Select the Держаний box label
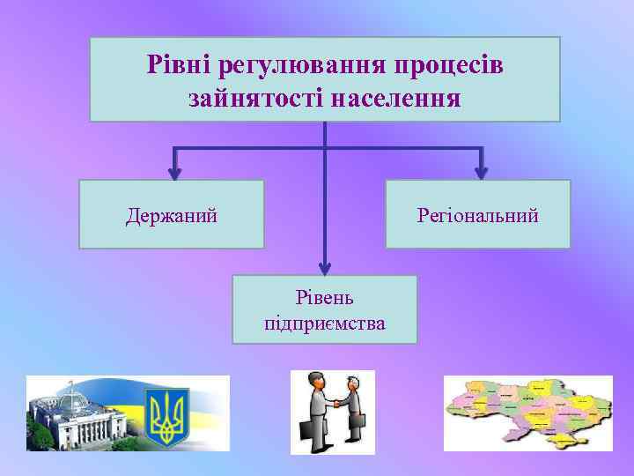click(x=172, y=215)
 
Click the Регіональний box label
click(x=478, y=215)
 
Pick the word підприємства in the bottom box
click(x=324, y=323)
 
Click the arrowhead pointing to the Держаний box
click(x=174, y=173)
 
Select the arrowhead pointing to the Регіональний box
click(x=481, y=173)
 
